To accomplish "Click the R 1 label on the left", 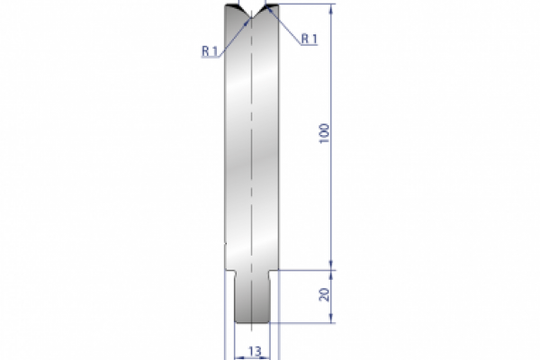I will coord(209,51).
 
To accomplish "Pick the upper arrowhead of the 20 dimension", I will coord(334,272).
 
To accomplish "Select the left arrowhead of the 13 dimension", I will coord(238,357).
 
